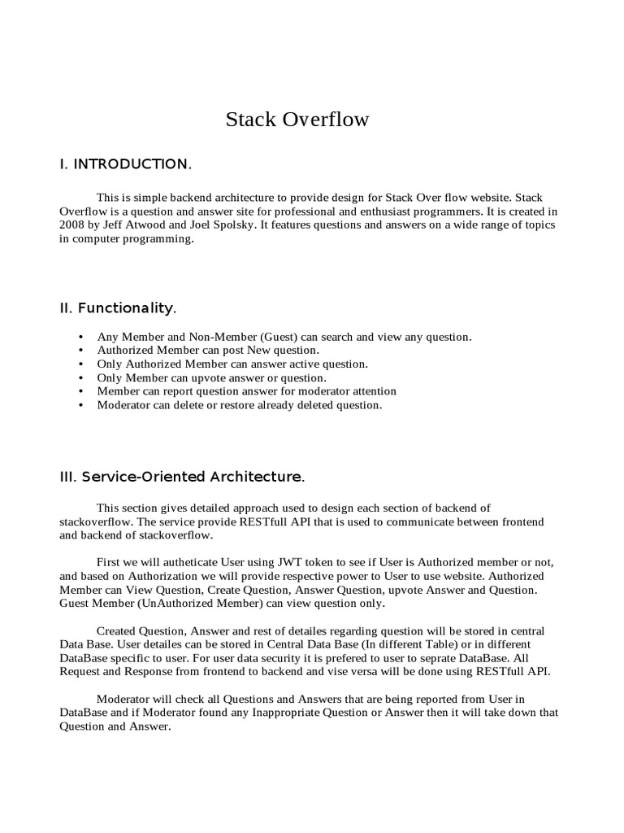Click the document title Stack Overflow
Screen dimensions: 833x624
(297, 120)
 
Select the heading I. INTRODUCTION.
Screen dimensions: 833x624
(126, 165)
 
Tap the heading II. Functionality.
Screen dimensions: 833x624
(118, 307)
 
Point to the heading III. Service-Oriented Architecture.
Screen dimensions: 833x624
(182, 475)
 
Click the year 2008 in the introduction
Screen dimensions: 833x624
(74, 225)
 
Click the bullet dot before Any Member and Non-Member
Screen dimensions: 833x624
(80, 337)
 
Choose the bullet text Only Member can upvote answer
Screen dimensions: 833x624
(211, 377)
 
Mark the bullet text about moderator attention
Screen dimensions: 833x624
(247, 391)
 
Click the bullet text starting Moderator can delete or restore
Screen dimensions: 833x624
(239, 405)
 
